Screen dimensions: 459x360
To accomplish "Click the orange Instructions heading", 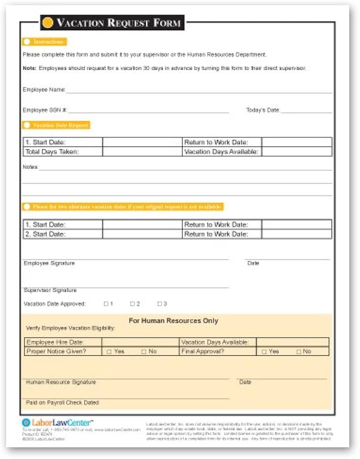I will pyautogui.click(x=44, y=42).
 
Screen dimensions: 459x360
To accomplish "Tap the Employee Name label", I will pyautogui.click(x=44, y=90).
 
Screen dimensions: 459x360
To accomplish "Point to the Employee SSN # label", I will pyautogui.click(x=45, y=110).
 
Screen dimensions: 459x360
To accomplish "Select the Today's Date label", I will pyautogui.click(x=263, y=110).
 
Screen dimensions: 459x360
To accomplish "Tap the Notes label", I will pyautogui.click(x=31, y=167).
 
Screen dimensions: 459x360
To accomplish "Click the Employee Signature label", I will pyautogui.click(x=49, y=263).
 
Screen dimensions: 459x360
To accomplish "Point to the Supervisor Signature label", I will pyautogui.click(x=50, y=290).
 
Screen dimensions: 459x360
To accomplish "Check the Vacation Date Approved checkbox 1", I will pyautogui.click(x=106, y=304).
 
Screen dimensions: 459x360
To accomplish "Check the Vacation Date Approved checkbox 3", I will pyautogui.click(x=160, y=304).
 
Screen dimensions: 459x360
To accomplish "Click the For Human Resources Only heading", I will pyautogui.click(x=173, y=321).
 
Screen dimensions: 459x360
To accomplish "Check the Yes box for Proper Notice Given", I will pyautogui.click(x=109, y=352).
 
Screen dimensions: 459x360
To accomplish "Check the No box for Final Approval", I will pyautogui.click(x=299, y=352).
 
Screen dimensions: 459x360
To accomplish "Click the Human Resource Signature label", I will pyautogui.click(x=61, y=382).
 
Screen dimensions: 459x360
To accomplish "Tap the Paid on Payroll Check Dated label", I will pyautogui.click(x=62, y=403).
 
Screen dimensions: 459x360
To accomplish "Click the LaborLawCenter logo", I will pyautogui.click(x=57, y=422).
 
